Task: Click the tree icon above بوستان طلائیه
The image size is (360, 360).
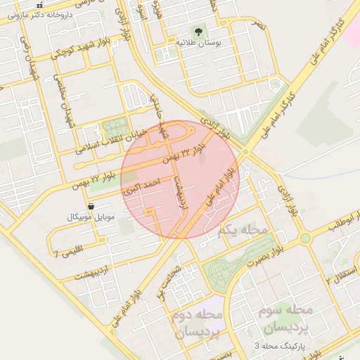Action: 198,32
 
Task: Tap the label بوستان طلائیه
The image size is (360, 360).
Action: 199,43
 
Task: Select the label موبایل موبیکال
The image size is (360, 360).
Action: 90,217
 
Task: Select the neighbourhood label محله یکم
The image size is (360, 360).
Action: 243,230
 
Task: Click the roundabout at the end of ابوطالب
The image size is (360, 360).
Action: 304,238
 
